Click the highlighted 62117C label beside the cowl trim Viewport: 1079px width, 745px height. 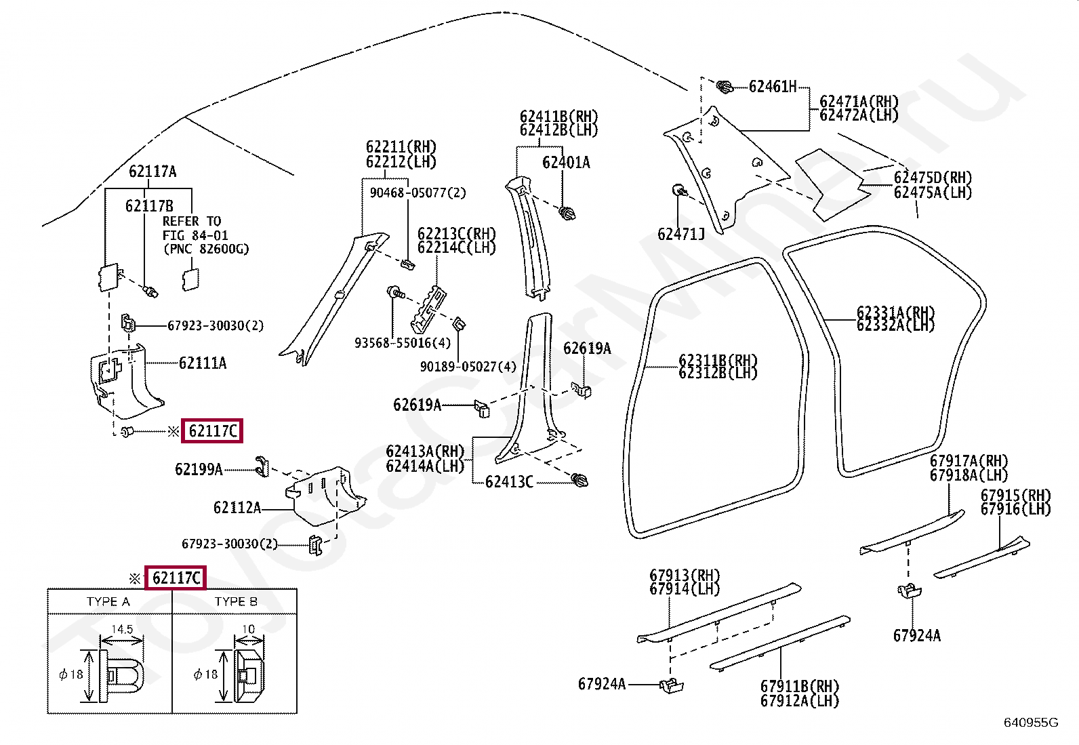pyautogui.click(x=212, y=430)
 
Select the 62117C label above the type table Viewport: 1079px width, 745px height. pyautogui.click(x=176, y=578)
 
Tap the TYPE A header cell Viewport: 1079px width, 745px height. pyautogui.click(x=109, y=601)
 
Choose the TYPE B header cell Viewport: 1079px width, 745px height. pyautogui.click(x=236, y=601)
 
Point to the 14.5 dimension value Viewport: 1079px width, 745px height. pyautogui.click(x=122, y=629)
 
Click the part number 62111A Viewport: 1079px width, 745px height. pyautogui.click(x=202, y=363)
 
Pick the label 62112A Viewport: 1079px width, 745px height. pyautogui.click(x=237, y=508)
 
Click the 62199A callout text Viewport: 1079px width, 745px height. pyautogui.click(x=199, y=469)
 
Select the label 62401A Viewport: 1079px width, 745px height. pyautogui.click(x=566, y=163)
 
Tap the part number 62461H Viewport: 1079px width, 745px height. pyautogui.click(x=773, y=87)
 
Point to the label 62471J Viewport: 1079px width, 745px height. pyautogui.click(x=680, y=234)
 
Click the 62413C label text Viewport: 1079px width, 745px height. pyautogui.click(x=509, y=481)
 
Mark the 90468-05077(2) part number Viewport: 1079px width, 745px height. pyautogui.click(x=418, y=193)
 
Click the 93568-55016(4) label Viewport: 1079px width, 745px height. pyautogui.click(x=402, y=342)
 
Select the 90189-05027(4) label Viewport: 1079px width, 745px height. pyautogui.click(x=468, y=367)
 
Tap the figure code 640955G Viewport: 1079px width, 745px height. pyautogui.click(x=1031, y=723)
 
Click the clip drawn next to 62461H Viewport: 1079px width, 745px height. pyautogui.click(x=725, y=87)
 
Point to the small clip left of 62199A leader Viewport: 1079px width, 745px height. pyautogui.click(x=262, y=466)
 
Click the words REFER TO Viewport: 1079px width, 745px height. pyautogui.click(x=192, y=221)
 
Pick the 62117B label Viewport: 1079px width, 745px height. pyautogui.click(x=149, y=206)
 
